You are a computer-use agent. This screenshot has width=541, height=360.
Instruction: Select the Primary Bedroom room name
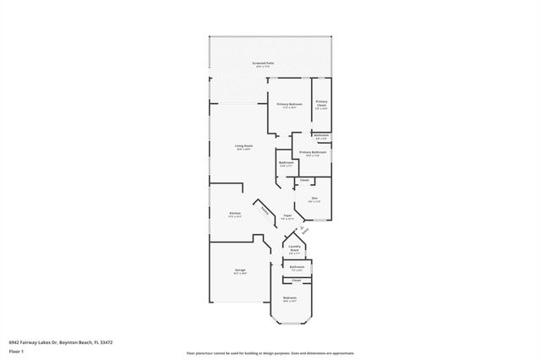(x=290, y=104)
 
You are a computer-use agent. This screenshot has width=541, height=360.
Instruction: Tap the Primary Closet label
(x=322, y=103)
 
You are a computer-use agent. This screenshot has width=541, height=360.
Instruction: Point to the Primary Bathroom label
(x=312, y=152)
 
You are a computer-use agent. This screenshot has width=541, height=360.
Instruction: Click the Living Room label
(x=243, y=146)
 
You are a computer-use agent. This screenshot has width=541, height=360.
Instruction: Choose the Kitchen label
(x=235, y=213)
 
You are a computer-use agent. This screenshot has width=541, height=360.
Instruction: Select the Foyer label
(x=287, y=216)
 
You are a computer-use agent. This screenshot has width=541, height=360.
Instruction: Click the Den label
(x=314, y=199)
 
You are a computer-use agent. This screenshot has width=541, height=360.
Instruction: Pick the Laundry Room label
(x=294, y=249)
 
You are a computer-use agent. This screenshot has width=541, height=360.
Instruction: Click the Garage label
(x=241, y=270)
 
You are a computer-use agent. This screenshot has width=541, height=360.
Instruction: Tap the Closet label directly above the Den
(x=304, y=180)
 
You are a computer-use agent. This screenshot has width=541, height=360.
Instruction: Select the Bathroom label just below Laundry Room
(x=298, y=266)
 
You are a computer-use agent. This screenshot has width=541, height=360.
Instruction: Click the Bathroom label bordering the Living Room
(x=287, y=162)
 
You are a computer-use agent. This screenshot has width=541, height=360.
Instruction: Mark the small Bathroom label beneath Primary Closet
(x=321, y=134)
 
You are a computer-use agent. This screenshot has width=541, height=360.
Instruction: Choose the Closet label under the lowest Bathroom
(x=297, y=280)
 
